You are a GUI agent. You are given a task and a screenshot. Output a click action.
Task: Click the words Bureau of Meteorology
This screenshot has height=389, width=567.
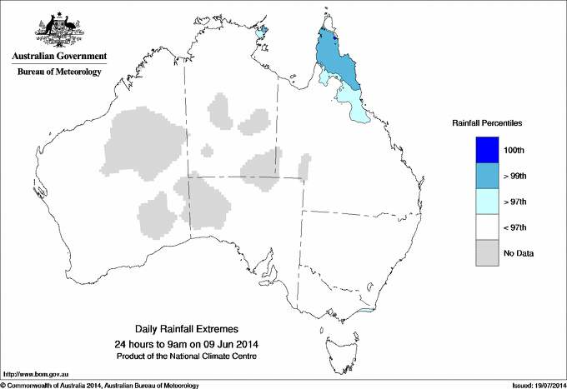click(59, 72)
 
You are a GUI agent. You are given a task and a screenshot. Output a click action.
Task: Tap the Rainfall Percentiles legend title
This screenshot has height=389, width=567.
click(487, 122)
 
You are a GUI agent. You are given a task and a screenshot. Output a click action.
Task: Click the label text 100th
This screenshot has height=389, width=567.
click(514, 150)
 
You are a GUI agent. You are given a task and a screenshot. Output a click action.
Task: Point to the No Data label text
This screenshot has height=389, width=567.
click(518, 253)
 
